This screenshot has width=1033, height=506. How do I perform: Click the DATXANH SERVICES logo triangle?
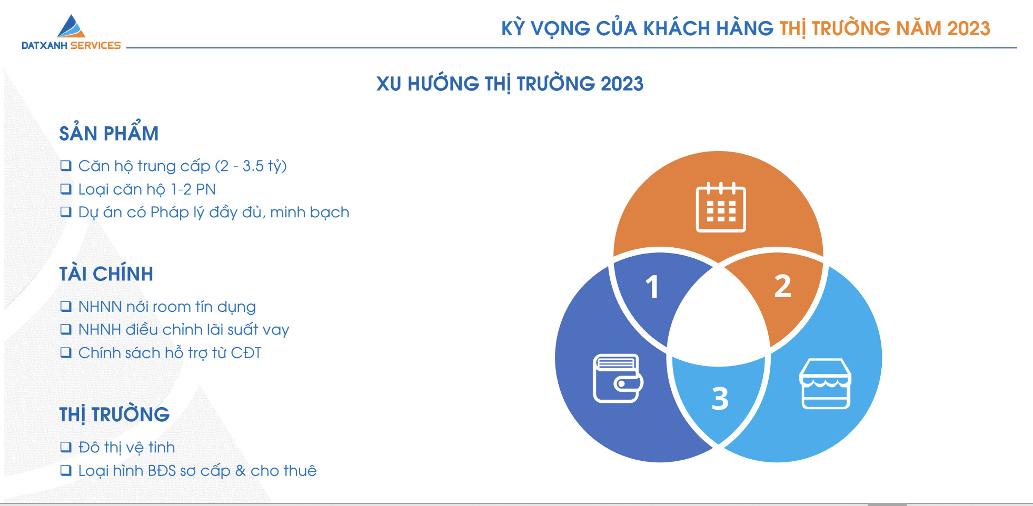[71, 26]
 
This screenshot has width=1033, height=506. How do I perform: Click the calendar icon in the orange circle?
[720, 208]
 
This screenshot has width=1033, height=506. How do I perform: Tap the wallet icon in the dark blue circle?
[618, 378]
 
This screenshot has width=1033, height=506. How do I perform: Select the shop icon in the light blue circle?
[825, 383]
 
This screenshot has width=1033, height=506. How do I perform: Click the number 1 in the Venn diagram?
[652, 287]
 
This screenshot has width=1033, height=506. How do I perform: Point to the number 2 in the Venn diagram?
[782, 287]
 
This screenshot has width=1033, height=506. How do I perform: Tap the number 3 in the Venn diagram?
[720, 399]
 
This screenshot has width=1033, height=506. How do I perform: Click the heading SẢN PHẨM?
[108, 134]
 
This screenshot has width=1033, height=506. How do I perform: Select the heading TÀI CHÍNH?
[106, 274]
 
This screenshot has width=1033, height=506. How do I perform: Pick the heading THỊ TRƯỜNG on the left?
[114, 414]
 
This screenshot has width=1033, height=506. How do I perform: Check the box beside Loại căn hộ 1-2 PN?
[66, 189]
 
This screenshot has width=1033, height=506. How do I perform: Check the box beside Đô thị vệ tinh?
[66, 447]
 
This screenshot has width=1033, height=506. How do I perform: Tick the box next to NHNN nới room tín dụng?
[66, 306]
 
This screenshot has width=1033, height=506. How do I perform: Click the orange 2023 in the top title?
[968, 28]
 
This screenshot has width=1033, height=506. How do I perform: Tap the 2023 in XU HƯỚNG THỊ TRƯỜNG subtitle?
[622, 84]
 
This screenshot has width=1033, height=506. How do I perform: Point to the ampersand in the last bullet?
[240, 471]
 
